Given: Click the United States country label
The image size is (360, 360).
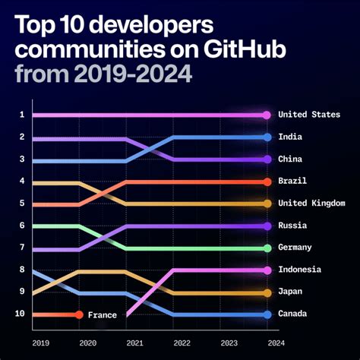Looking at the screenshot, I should click(309, 115).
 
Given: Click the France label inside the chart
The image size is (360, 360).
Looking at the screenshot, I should click(102, 314).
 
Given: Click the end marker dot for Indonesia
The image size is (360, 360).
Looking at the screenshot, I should click(267, 270).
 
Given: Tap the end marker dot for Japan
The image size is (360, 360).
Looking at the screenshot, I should click(267, 292).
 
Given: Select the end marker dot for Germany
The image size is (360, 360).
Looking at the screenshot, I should click(267, 248).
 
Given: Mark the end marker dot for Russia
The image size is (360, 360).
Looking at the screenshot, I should click(267, 226).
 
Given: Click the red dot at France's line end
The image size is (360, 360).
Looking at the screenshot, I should click(78, 314).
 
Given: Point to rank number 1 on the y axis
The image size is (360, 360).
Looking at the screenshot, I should click(22, 115).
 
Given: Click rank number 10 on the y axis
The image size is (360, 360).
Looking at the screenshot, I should click(20, 314).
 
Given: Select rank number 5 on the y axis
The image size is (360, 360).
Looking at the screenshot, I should click(22, 204).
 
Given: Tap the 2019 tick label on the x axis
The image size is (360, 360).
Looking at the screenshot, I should click(41, 343).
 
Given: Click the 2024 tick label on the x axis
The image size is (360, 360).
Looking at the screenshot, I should click(267, 343).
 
